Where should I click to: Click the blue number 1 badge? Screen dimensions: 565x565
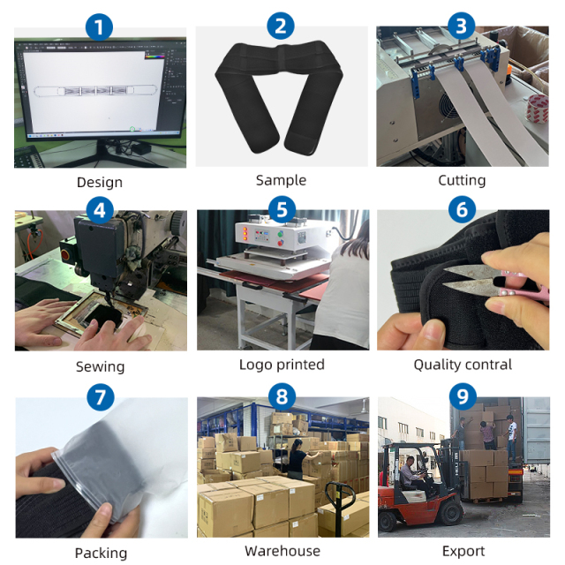click(x=99, y=27)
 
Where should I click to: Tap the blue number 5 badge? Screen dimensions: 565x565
click(x=282, y=210)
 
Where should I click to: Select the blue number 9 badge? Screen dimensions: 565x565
click(x=463, y=396)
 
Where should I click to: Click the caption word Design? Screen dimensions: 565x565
click(x=100, y=183)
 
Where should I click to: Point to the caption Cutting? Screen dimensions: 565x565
click(x=462, y=180)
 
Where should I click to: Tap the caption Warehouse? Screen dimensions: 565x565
click(x=282, y=551)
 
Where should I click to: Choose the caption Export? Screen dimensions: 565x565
click(x=463, y=551)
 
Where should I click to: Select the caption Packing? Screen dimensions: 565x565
click(x=101, y=554)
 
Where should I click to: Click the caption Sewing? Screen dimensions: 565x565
click(x=100, y=367)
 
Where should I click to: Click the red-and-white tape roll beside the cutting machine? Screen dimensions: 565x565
click(x=537, y=109)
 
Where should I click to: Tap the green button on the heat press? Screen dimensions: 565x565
click(x=281, y=234)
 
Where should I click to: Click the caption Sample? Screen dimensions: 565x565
click(x=281, y=180)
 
